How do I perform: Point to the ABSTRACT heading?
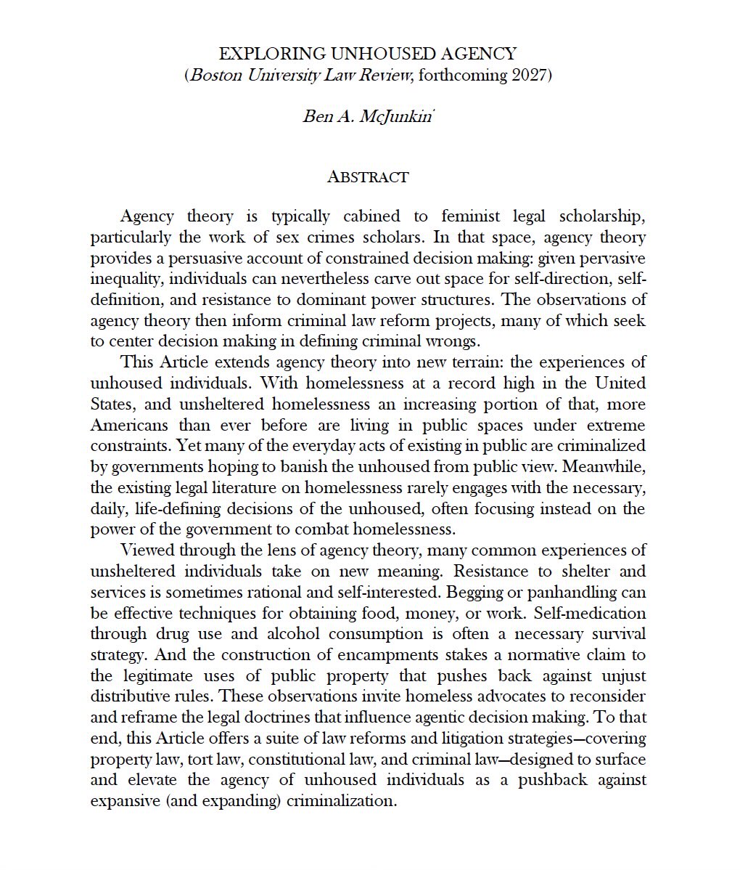(368, 177)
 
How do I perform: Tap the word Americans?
(128, 425)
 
